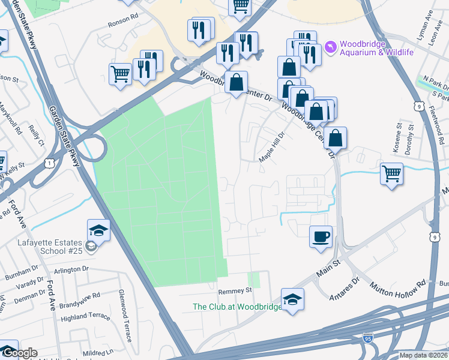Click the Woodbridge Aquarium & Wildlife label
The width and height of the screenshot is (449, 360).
click(x=377, y=48)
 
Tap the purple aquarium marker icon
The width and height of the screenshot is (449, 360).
click(x=330, y=46)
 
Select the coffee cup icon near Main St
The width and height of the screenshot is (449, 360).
click(x=320, y=236)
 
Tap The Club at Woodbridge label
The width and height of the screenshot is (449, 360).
click(x=237, y=307)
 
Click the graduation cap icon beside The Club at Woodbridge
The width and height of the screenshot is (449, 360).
click(x=292, y=299)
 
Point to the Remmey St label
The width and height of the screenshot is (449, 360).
click(x=235, y=290)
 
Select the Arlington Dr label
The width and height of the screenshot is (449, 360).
click(x=71, y=270)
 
